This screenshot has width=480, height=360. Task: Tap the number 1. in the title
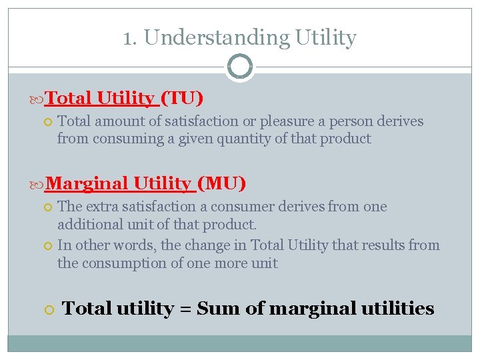coord(131,37)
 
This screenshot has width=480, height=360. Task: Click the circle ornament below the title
coord(240,67)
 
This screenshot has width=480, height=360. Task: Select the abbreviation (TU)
coord(182,99)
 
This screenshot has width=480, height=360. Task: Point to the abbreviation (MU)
coord(222,183)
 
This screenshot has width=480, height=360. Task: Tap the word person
coord(332,121)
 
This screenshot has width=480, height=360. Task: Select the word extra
coord(104,207)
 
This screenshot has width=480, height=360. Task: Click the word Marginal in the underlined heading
coord(87,183)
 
